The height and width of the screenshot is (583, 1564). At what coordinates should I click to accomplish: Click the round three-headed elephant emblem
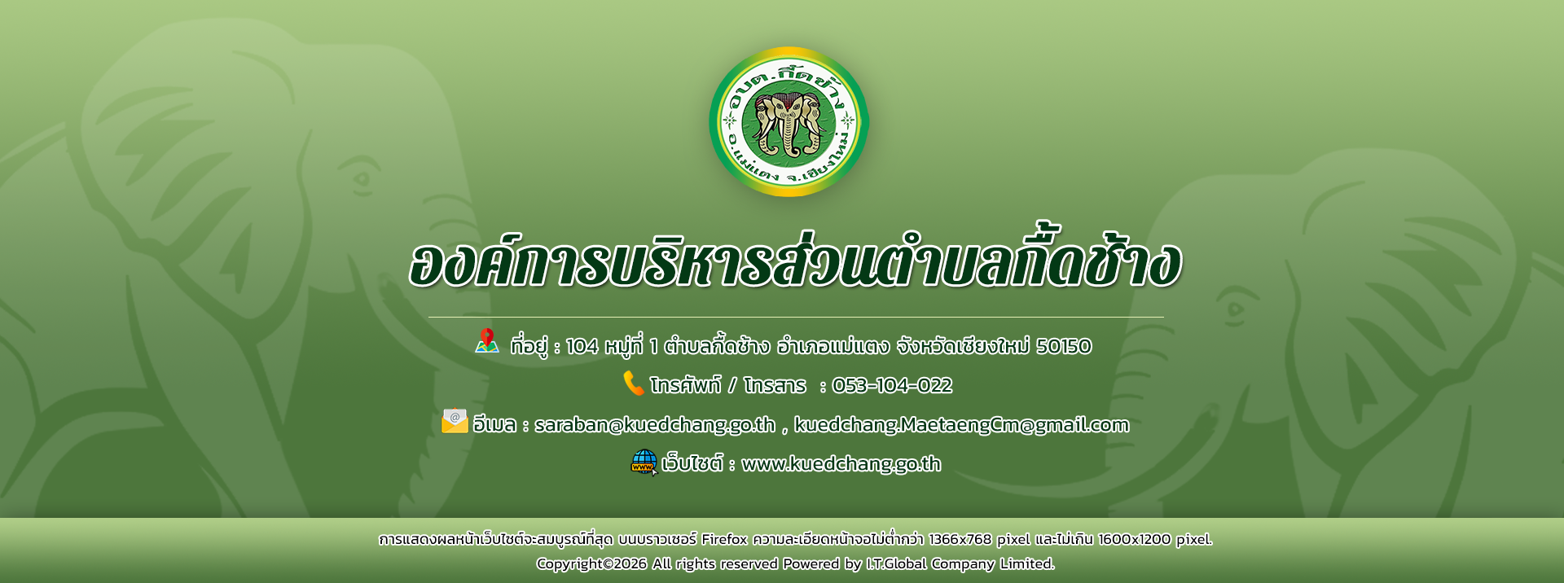[789, 121]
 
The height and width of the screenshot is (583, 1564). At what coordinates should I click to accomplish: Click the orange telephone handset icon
[634, 383]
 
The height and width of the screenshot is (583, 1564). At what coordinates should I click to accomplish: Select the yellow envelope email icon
[455, 421]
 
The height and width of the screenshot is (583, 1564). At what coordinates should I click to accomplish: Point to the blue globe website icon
[644, 462]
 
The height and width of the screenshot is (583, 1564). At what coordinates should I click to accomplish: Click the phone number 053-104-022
[892, 385]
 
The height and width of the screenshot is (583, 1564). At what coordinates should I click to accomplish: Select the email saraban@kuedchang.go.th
[655, 424]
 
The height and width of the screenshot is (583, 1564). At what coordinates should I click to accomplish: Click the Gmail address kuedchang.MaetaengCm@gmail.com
[961, 424]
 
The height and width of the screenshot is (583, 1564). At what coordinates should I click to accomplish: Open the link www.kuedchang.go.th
[841, 463]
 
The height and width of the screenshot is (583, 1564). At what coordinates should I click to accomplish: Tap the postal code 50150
[1064, 346]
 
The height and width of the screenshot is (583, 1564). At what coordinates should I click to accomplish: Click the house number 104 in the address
[582, 346]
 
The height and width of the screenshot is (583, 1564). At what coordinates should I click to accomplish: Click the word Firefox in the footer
[724, 539]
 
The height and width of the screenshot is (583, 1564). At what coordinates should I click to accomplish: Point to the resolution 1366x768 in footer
[960, 539]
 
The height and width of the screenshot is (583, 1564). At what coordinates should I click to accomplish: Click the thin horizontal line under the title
[796, 317]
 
